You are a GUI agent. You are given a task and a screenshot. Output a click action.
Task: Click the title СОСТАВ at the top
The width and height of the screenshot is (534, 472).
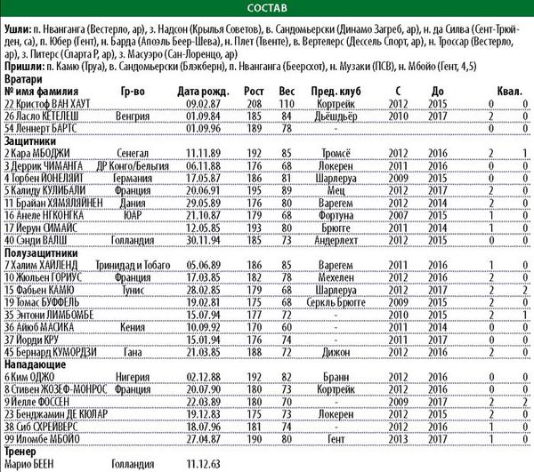[267, 8]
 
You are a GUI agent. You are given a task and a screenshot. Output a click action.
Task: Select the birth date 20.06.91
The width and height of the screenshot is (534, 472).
[199, 189]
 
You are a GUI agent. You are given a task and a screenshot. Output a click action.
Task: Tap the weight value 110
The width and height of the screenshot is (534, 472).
[287, 102]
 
